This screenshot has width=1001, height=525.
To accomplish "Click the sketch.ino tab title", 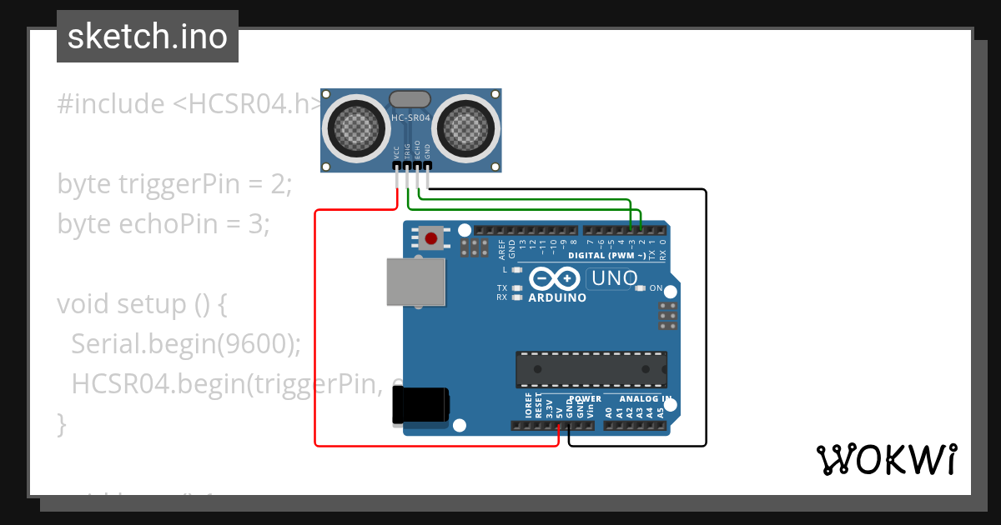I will [148, 37].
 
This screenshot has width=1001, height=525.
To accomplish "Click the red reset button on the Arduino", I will [430, 239].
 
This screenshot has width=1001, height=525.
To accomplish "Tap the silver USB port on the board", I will [415, 281].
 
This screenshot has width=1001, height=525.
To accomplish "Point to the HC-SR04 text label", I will [410, 118].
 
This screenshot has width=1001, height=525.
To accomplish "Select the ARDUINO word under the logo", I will [557, 297].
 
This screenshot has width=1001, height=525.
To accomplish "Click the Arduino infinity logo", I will [553, 278].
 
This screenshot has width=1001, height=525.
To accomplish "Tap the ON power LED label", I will [656, 288].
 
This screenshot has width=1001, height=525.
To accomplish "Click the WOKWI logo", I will [886, 459].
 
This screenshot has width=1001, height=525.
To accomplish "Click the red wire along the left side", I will [315, 333].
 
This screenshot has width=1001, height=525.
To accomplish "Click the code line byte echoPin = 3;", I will [163, 224].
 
